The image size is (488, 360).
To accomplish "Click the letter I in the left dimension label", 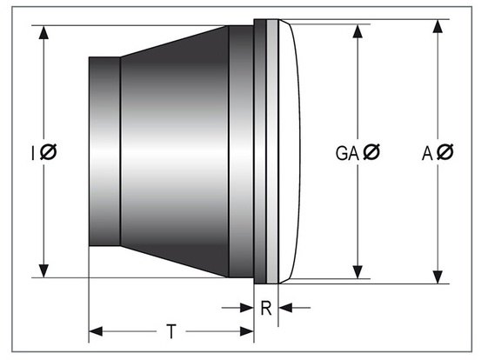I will pyautogui.click(x=33, y=153).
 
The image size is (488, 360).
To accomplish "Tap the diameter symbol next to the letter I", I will pyautogui.click(x=49, y=153).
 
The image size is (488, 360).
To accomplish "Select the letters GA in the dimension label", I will pyautogui.click(x=345, y=153).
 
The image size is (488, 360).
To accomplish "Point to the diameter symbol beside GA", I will pyautogui.click(x=371, y=153).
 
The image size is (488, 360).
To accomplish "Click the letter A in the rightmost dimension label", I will pyautogui.click(x=427, y=153).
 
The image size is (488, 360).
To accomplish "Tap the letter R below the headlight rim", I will pyautogui.click(x=266, y=307).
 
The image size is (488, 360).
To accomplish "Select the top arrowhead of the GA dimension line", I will pyautogui.click(x=356, y=30).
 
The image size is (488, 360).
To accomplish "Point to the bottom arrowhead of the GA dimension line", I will pyautogui.click(x=356, y=272).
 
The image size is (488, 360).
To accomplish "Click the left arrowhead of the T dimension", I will pyautogui.click(x=96, y=331).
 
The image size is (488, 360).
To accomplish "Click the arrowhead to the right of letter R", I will pyautogui.click(x=285, y=307).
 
